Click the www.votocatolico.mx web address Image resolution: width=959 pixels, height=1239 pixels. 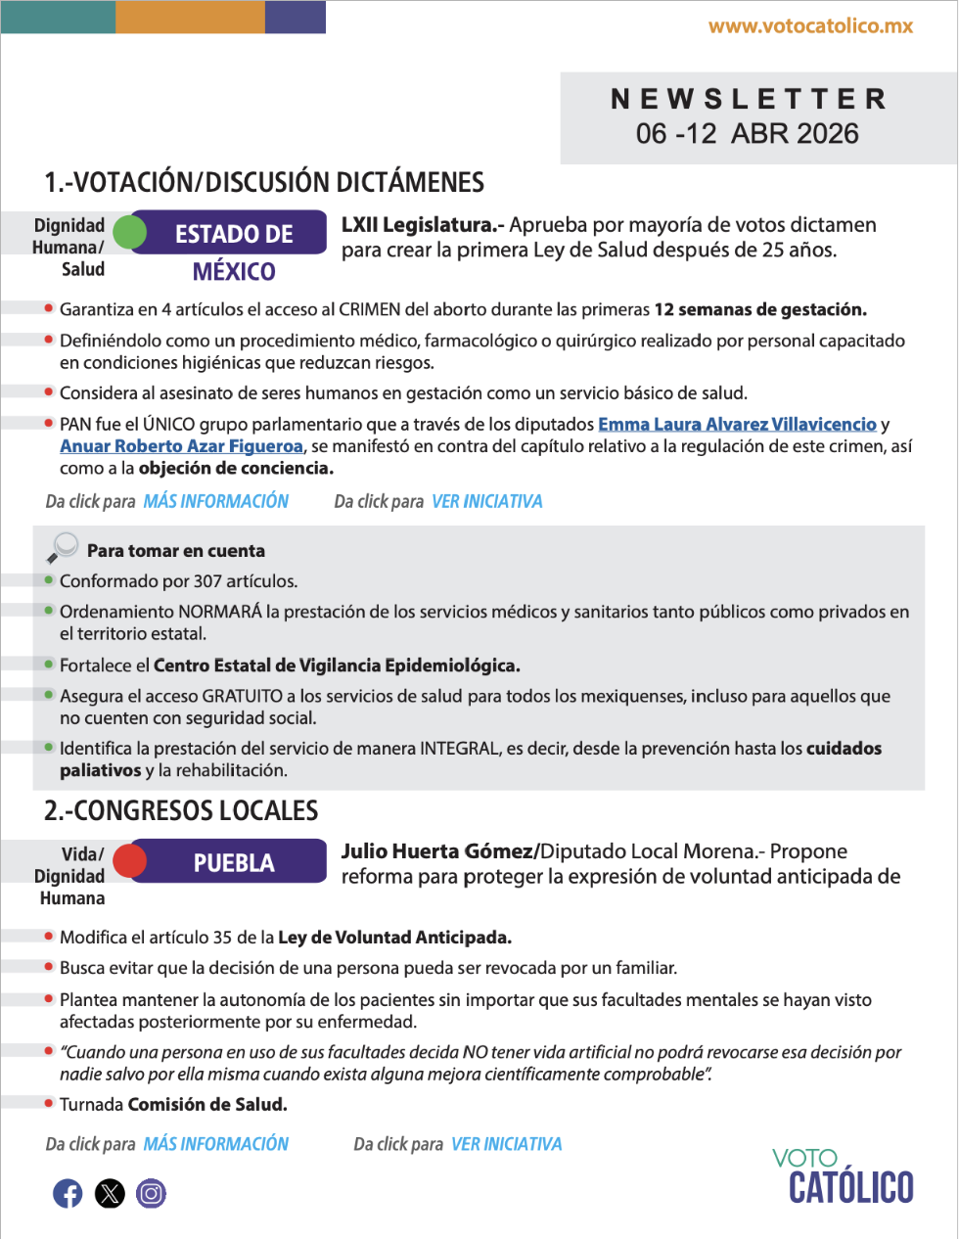pyautogui.click(x=810, y=26)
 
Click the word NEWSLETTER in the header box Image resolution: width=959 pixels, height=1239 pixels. pyautogui.click(x=749, y=99)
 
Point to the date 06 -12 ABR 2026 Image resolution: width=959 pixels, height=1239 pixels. pyautogui.click(x=747, y=134)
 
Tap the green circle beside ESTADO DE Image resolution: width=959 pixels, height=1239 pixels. pyautogui.click(x=129, y=233)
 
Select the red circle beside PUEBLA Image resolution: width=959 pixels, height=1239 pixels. pyautogui.click(x=129, y=861)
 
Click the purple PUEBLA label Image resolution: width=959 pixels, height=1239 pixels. pyautogui.click(x=234, y=862)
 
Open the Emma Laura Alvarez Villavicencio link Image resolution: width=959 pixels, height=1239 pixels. pyautogui.click(x=737, y=424)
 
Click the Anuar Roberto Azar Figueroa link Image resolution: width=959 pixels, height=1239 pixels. pyautogui.click(x=181, y=446)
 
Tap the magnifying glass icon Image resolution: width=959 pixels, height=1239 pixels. pyautogui.click(x=62, y=547)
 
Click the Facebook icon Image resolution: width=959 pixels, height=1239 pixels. pyautogui.click(x=68, y=1193)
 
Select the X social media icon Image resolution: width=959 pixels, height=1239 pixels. pyautogui.click(x=110, y=1193)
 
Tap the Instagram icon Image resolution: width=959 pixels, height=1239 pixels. pyautogui.click(x=151, y=1193)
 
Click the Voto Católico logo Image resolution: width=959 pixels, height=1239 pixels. pyautogui.click(x=843, y=1175)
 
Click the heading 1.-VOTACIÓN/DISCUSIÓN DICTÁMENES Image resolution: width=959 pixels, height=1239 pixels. pyautogui.click(x=264, y=183)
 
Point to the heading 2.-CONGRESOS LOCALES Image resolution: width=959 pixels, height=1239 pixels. pyautogui.click(x=181, y=810)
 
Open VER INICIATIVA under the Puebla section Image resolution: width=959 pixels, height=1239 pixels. pyautogui.click(x=506, y=1144)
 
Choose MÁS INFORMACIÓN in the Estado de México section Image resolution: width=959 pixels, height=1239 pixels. pyautogui.click(x=215, y=501)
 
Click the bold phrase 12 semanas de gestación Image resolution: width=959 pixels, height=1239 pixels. pyautogui.click(x=760, y=310)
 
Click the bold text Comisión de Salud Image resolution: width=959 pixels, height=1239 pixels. pyautogui.click(x=207, y=1105)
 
